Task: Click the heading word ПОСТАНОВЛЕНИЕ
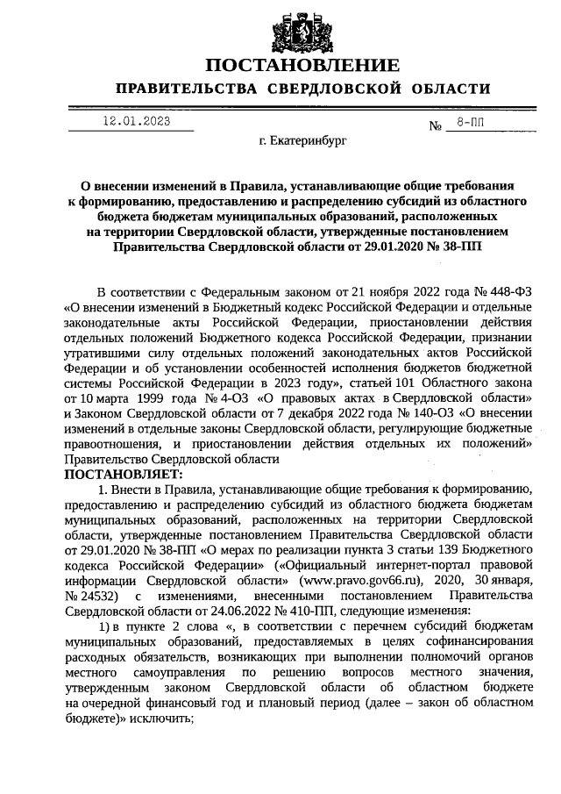pyautogui.click(x=303, y=66)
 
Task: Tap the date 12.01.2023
pyautogui.click(x=135, y=122)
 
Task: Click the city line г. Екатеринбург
pyautogui.click(x=303, y=139)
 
